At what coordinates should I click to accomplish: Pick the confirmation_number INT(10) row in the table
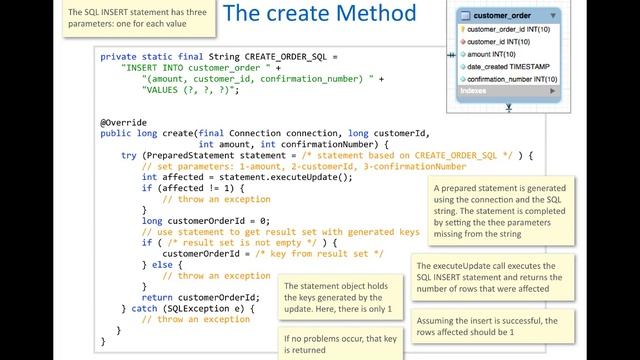510,78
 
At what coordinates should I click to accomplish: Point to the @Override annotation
123,123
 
